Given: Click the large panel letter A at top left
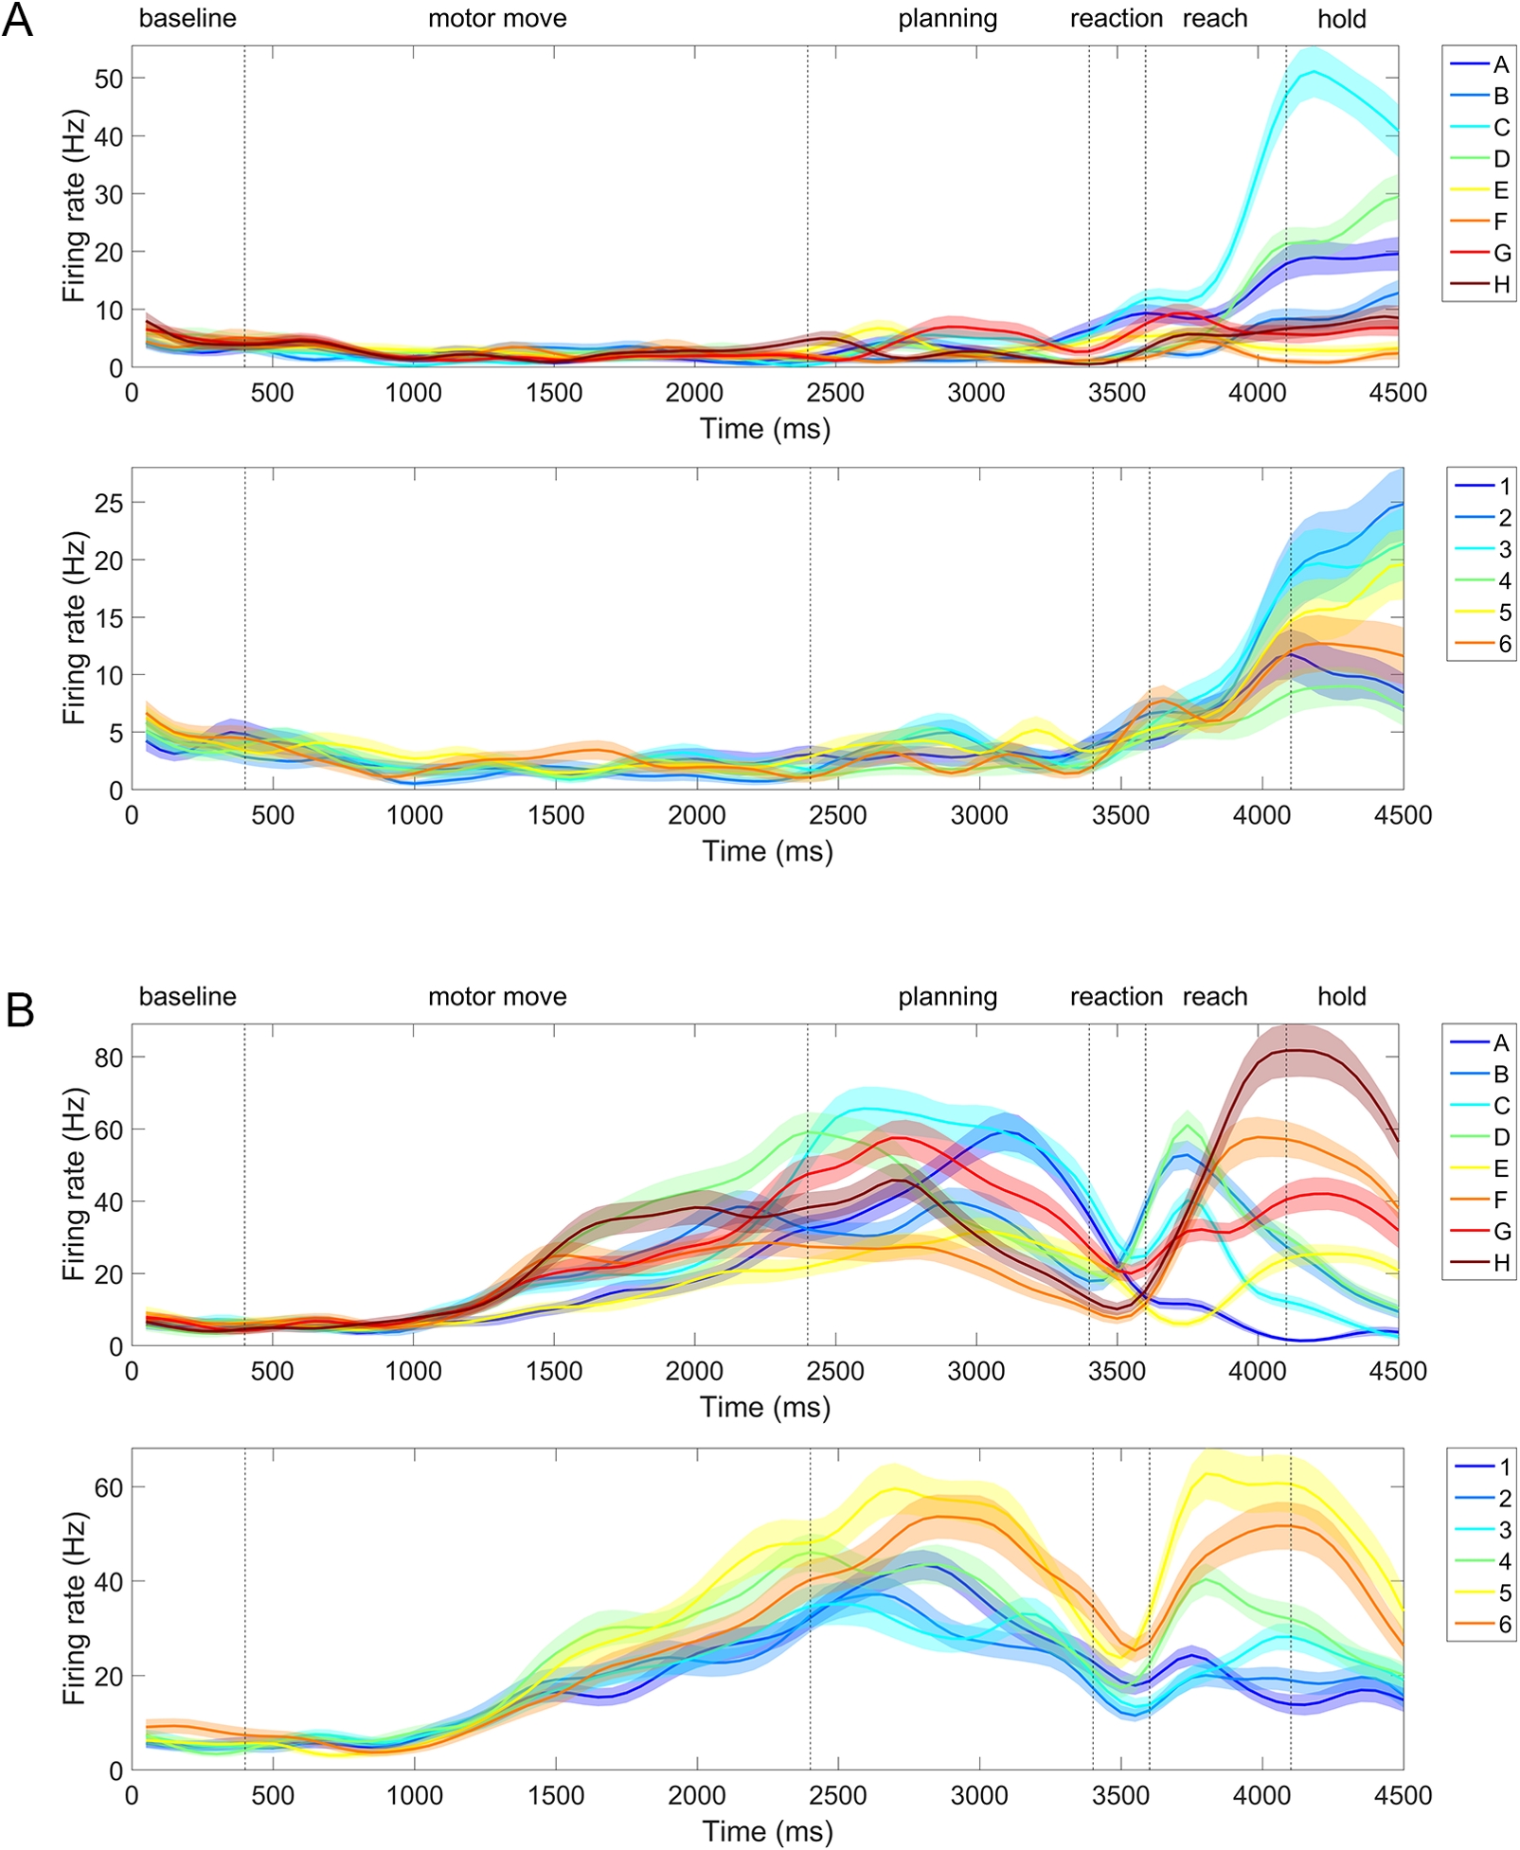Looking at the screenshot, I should coord(17,20).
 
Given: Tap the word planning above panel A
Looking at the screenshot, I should coord(947,19).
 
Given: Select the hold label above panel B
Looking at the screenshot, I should coord(1341,996).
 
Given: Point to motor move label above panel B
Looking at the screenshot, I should coord(497,996).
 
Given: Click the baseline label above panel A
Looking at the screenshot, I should coord(188,18).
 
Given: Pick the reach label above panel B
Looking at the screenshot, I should coord(1215,996).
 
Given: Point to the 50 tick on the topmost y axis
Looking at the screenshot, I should coord(109,79).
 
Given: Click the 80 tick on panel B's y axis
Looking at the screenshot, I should coord(109,1058).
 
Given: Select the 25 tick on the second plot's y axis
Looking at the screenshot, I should coord(109,503).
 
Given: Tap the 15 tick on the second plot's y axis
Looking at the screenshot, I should coord(109,617).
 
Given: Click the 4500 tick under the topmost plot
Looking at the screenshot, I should coord(1398,393).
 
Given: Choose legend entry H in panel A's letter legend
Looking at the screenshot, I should coord(1501,284).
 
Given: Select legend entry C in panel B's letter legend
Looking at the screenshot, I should coord(1501,1105).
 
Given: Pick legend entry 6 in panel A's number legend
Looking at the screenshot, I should coord(1504,644).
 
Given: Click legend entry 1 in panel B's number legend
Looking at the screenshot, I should coord(1504,1467).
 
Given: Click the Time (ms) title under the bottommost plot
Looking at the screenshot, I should coord(767,1831).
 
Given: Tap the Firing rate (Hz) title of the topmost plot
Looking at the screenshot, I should coord(74,205).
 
